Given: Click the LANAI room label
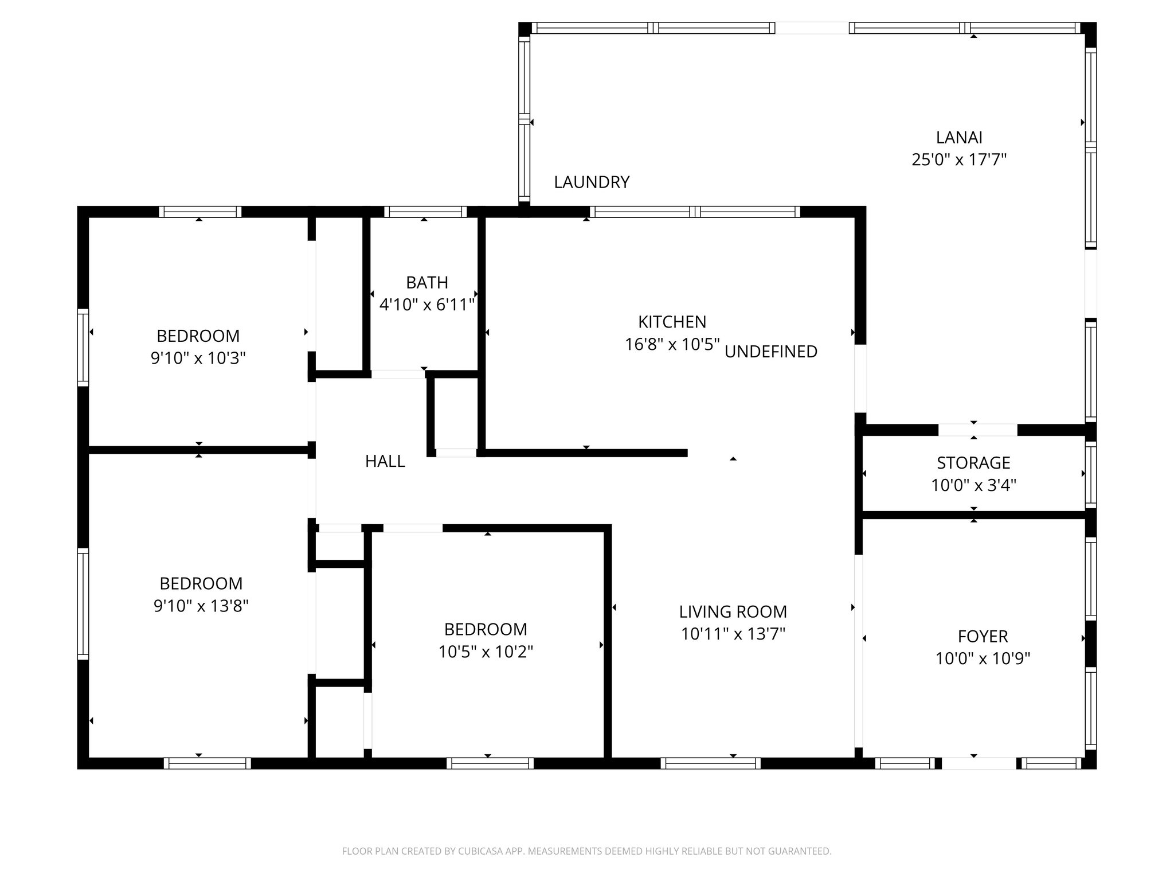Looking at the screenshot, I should click(x=959, y=138).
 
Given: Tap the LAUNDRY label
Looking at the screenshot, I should click(x=592, y=182).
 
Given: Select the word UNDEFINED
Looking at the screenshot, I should click(x=771, y=352).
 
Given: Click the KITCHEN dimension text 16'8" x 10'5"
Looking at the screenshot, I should click(x=672, y=345).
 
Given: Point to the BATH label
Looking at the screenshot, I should click(x=427, y=283).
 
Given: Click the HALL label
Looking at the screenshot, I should click(x=385, y=461).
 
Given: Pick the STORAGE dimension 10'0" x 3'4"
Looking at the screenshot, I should click(x=973, y=486).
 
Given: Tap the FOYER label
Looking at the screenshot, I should click(x=983, y=636).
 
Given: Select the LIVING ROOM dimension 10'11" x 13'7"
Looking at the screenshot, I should click(x=733, y=634).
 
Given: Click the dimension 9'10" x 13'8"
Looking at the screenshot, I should click(x=201, y=606).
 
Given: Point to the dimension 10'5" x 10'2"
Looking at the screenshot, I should click(x=486, y=652).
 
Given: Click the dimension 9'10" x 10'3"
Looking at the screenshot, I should click(x=198, y=358).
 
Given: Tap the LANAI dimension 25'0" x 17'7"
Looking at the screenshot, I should click(x=959, y=159).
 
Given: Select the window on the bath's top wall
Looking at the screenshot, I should click(x=425, y=212).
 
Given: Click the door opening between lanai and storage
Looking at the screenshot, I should click(x=977, y=430).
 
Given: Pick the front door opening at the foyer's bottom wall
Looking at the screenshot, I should click(x=979, y=763).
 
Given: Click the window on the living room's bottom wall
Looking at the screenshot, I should click(x=710, y=763).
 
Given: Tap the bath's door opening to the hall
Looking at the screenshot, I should click(x=398, y=375).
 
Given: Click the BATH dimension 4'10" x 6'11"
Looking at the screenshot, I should click(x=427, y=305).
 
